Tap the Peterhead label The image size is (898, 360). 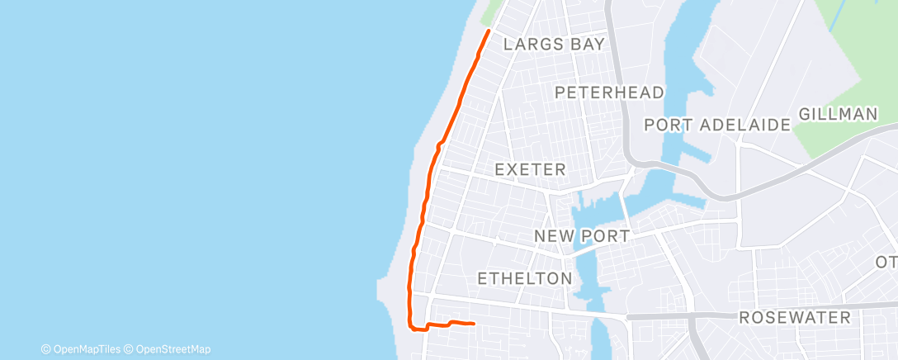tap(610, 92)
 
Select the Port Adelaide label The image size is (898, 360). tap(717, 126)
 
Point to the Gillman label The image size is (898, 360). tap(838, 115)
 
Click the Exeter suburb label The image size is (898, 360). tap(530, 170)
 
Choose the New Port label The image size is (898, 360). tap(582, 236)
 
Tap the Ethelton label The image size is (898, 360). tap(525, 278)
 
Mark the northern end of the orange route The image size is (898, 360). tap(489, 31)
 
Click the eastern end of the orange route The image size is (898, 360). tap(473, 324)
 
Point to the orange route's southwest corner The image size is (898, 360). tap(412, 327)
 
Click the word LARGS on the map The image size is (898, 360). tap(533, 45)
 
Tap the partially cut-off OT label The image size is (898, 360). tap(886, 262)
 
